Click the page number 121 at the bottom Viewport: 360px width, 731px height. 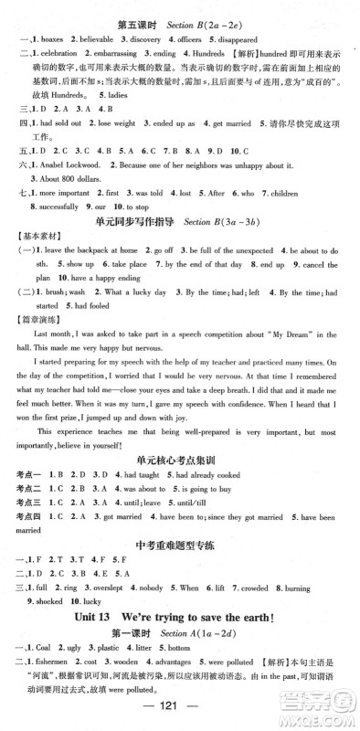[179, 715]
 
